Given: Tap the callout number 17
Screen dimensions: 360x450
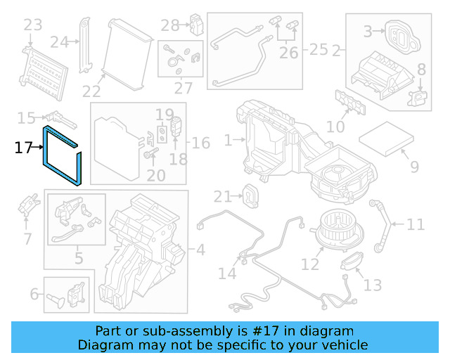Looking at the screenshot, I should [x=23, y=148].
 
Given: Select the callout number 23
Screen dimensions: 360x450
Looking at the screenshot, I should [x=32, y=26].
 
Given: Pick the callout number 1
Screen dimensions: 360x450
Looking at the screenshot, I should [x=228, y=141].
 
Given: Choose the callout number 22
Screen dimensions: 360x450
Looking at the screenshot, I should [x=91, y=91].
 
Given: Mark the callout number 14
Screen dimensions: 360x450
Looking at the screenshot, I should [x=227, y=273].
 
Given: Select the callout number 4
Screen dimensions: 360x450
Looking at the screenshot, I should [x=200, y=249].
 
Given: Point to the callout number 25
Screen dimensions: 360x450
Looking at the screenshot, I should [x=319, y=49].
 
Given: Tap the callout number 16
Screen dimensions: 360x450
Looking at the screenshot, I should [x=200, y=143].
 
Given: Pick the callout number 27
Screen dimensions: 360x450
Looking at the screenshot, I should [x=184, y=89].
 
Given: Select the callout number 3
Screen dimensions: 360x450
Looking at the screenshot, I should [x=367, y=32].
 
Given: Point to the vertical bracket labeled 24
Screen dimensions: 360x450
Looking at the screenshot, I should [x=86, y=42].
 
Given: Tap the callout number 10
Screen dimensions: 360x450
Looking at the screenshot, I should [x=335, y=127].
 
